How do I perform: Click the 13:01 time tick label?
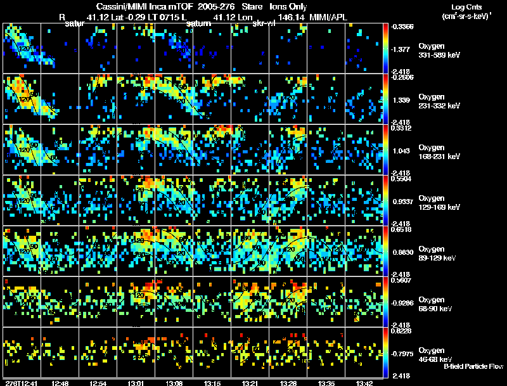coord(136,383)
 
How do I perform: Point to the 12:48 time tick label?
coord(60,383)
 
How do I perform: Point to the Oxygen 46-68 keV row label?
coord(437,354)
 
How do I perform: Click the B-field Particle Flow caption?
coord(473,366)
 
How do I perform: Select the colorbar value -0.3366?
coord(403,27)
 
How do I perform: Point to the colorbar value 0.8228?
coord(403,332)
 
